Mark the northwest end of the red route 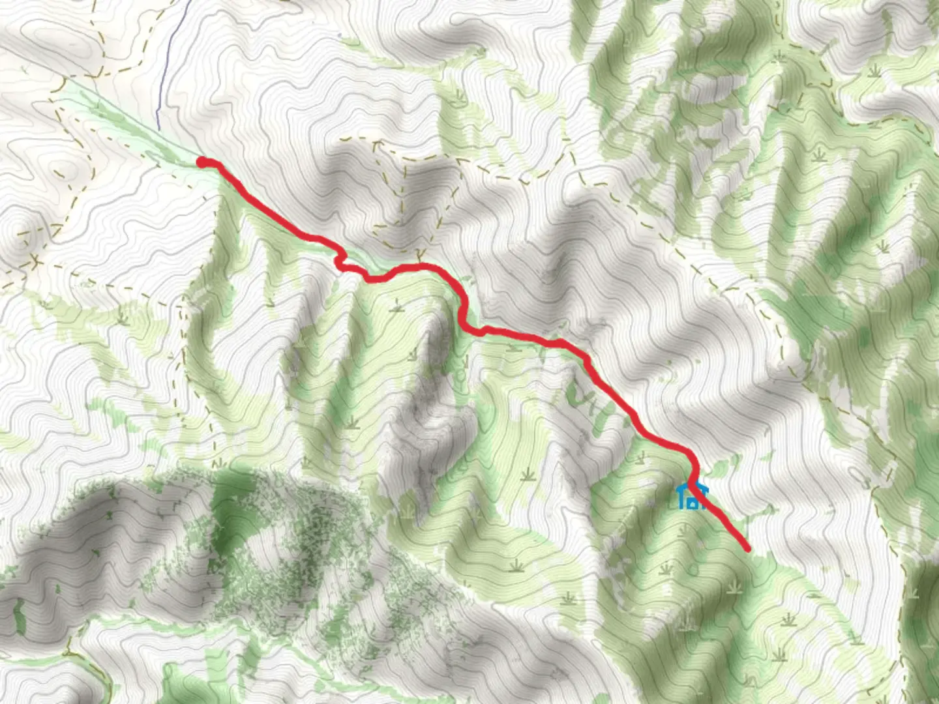(203, 162)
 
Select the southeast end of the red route (747, 549)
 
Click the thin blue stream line (164, 65)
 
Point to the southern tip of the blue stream (158, 128)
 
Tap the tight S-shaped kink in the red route (340, 262)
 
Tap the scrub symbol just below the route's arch (396, 304)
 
